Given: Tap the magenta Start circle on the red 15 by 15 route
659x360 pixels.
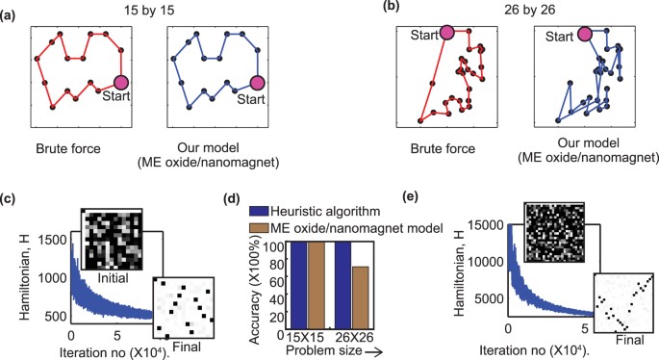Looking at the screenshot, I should pos(122,83).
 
